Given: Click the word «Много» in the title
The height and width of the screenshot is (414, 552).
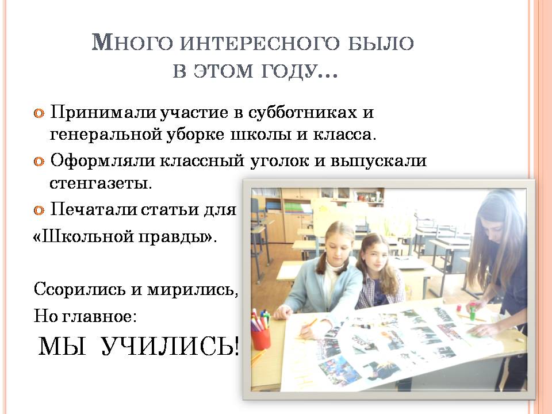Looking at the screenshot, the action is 132,43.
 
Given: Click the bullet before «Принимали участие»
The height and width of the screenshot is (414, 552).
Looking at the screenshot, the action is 39,113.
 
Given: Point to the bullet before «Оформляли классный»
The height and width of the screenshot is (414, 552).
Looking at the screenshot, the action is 39,162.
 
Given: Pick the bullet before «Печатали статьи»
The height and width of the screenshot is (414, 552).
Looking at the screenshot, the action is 39,210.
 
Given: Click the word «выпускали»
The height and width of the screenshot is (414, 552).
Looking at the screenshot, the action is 378,161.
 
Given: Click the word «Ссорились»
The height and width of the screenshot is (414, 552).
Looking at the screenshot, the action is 79,289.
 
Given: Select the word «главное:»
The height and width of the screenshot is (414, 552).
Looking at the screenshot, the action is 99,316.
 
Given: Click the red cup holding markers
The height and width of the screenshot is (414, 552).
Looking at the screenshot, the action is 261,339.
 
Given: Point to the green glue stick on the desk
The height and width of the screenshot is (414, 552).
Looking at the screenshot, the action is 473,308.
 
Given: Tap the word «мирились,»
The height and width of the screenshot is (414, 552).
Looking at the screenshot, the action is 192,290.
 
